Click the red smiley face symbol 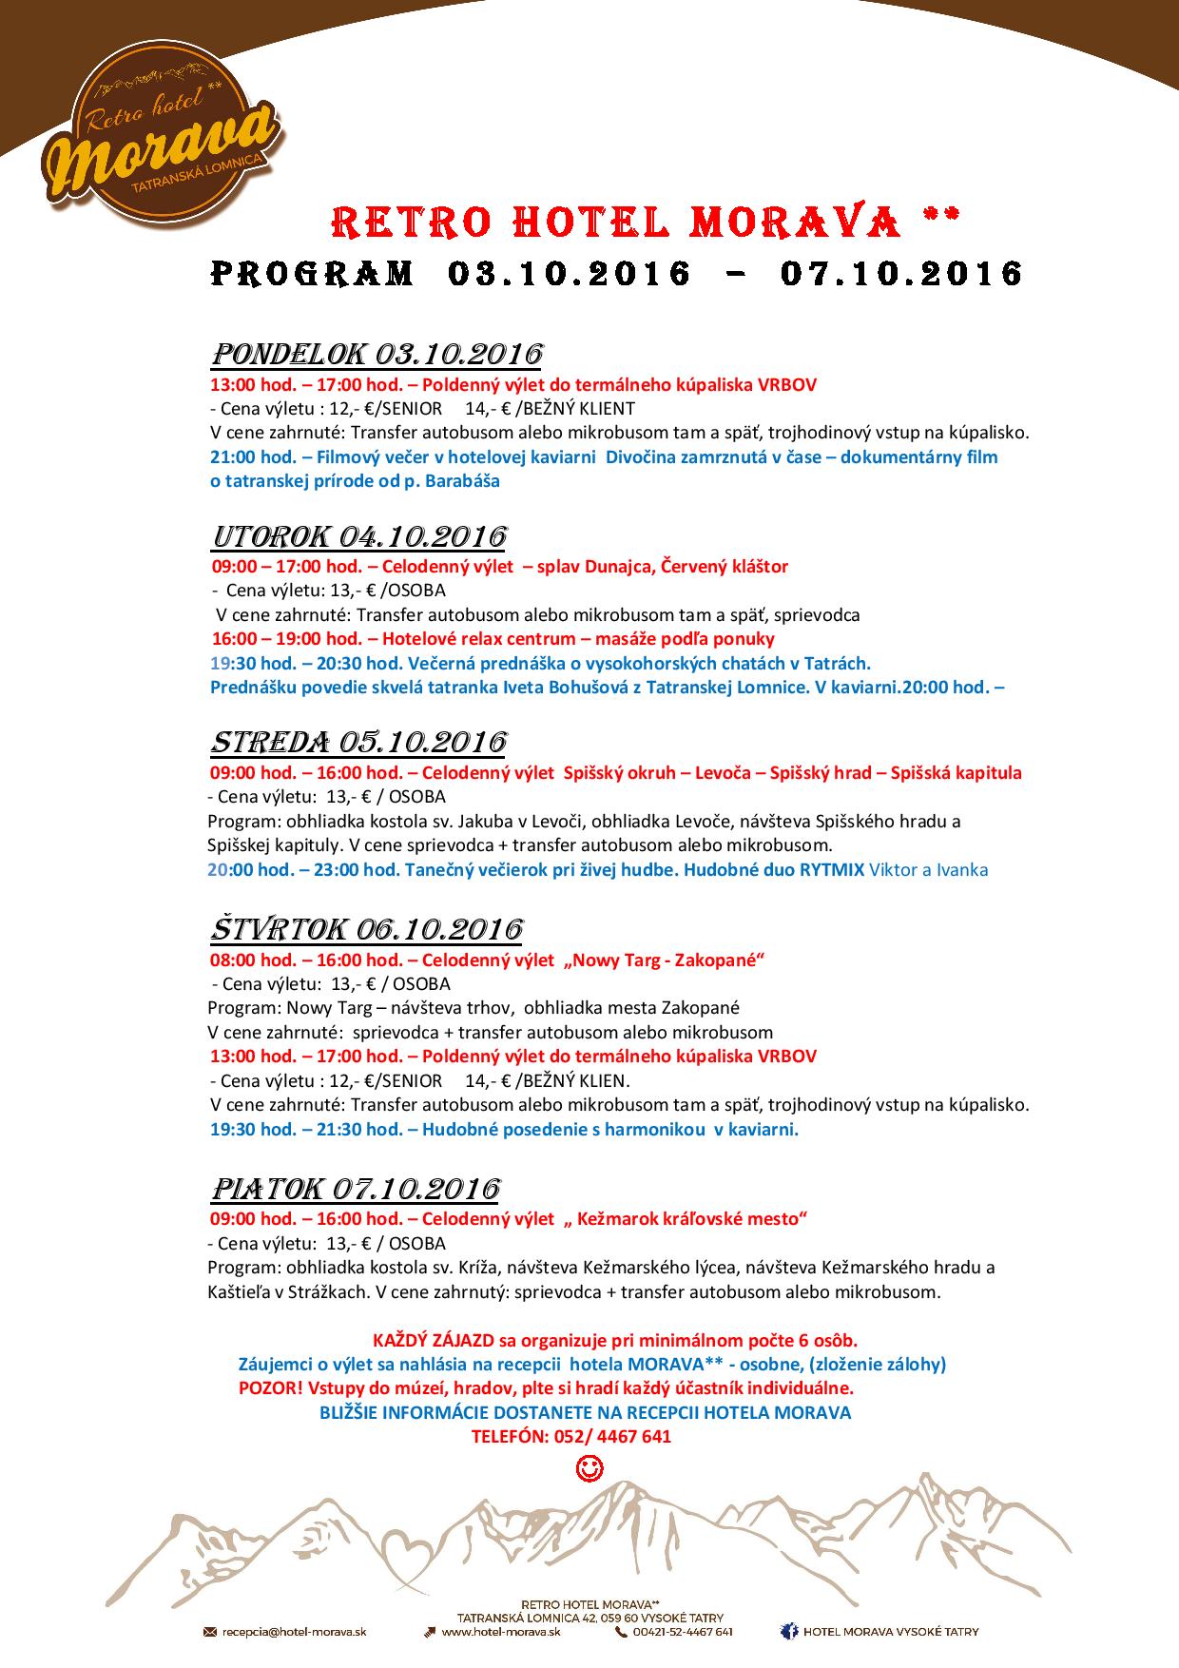589,1469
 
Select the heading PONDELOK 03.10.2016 376,354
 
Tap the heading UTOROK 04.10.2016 358,535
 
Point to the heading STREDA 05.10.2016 358,741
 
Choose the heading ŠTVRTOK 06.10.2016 365,928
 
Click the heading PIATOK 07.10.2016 354,1189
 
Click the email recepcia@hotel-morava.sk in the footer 294,1632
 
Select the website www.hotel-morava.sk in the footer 500,1632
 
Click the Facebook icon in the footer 788,1632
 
